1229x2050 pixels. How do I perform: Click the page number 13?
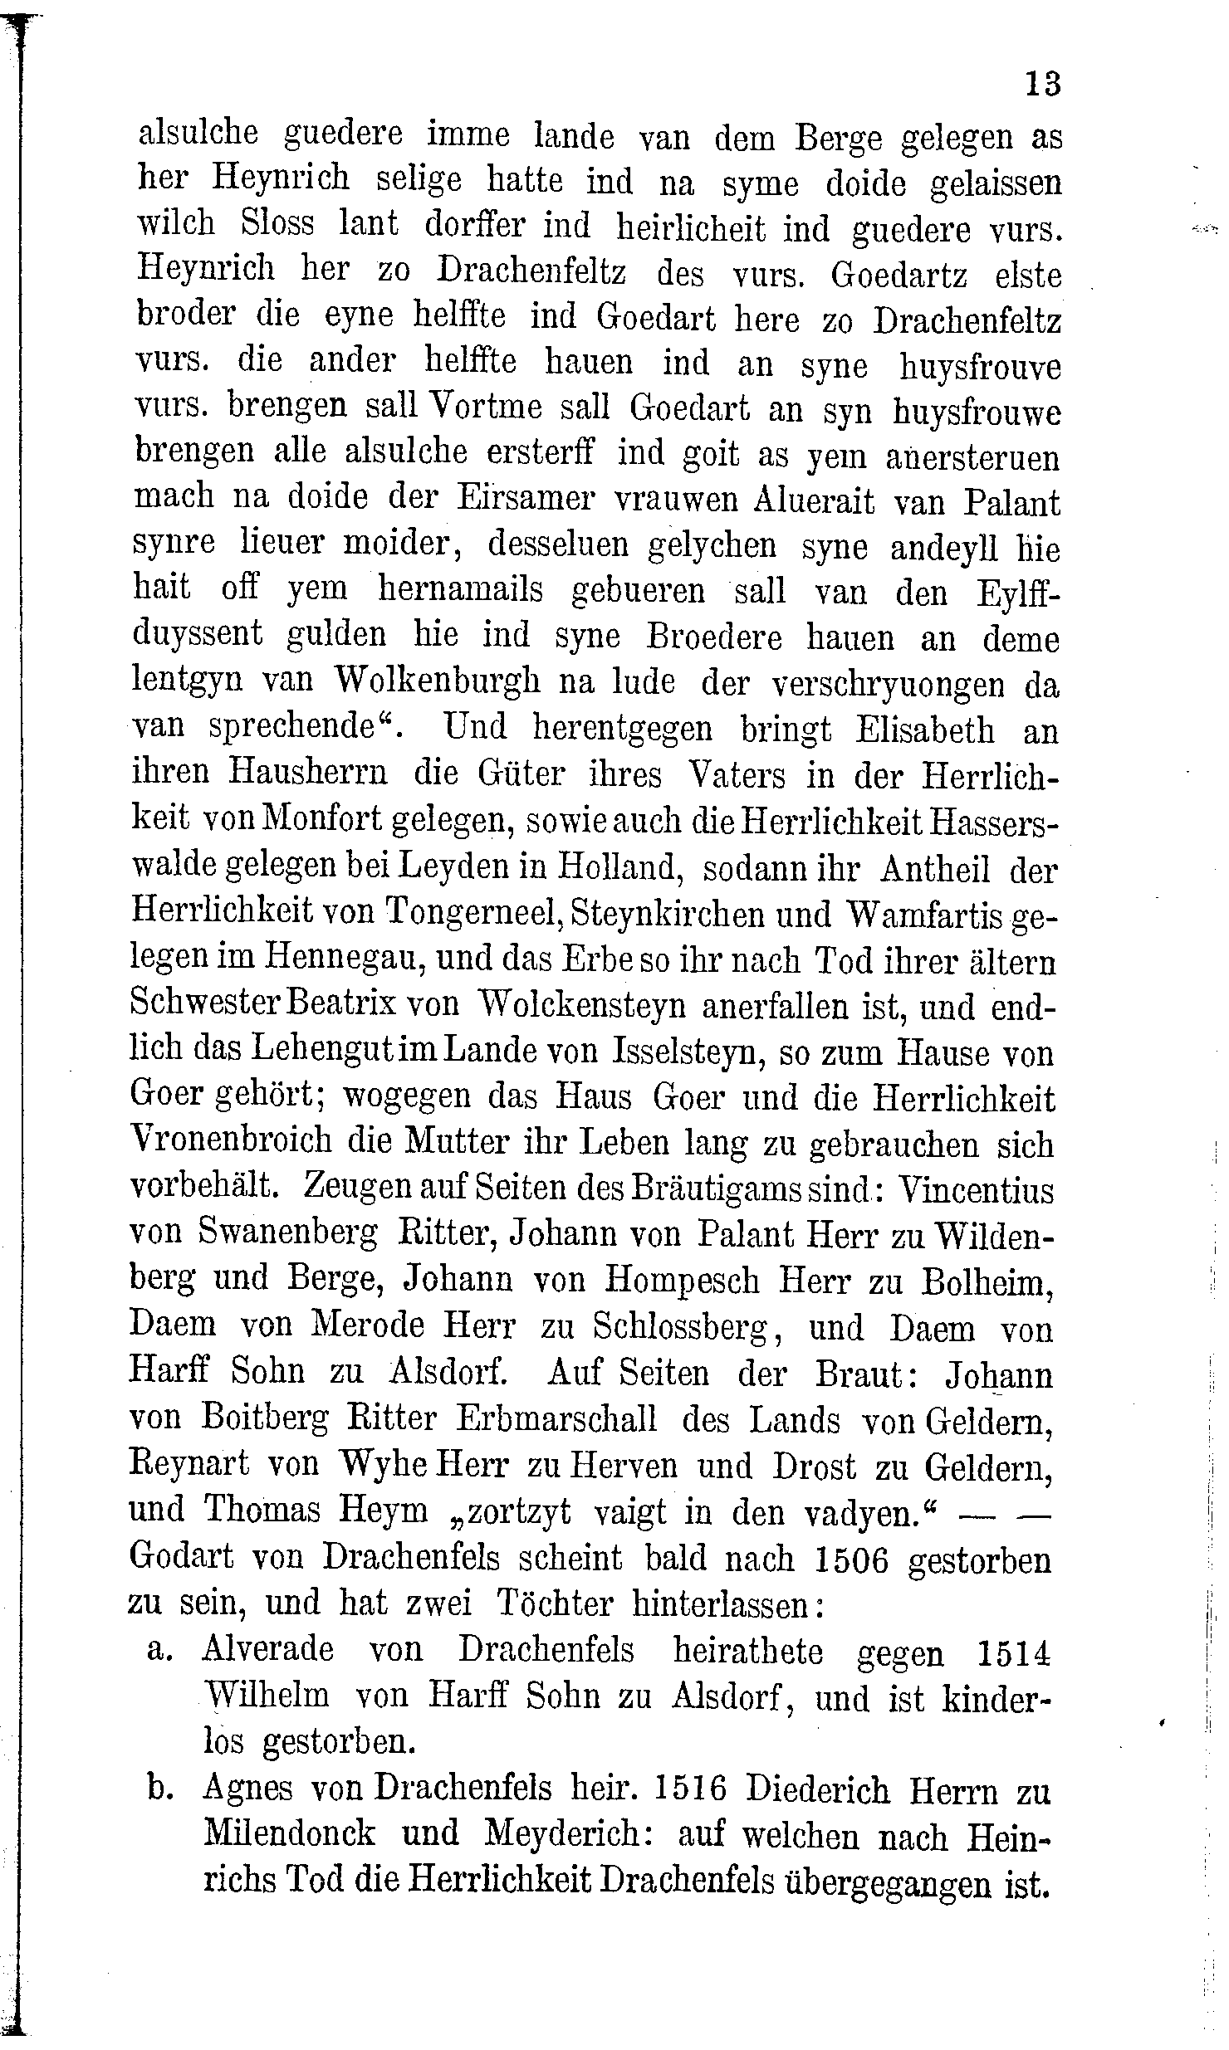click(x=1043, y=84)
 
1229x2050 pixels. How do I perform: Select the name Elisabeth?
click(x=924, y=730)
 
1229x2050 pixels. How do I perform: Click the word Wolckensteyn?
click(x=584, y=1007)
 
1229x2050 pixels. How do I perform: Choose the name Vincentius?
click(x=977, y=1189)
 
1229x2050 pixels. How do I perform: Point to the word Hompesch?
click(x=682, y=1281)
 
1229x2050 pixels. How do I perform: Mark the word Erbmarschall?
click(x=556, y=1418)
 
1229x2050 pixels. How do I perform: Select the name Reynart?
click(x=189, y=1465)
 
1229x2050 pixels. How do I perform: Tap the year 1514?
click(x=1014, y=1652)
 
